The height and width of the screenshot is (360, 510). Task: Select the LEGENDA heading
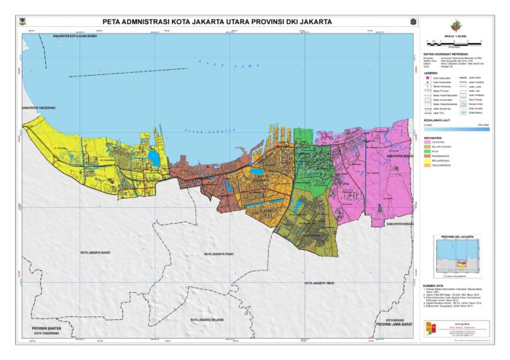(x=432, y=71)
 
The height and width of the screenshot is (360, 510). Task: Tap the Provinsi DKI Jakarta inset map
(x=458, y=257)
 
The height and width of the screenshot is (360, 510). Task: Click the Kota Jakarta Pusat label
(x=222, y=254)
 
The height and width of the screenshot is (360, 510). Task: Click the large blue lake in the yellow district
(x=153, y=155)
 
